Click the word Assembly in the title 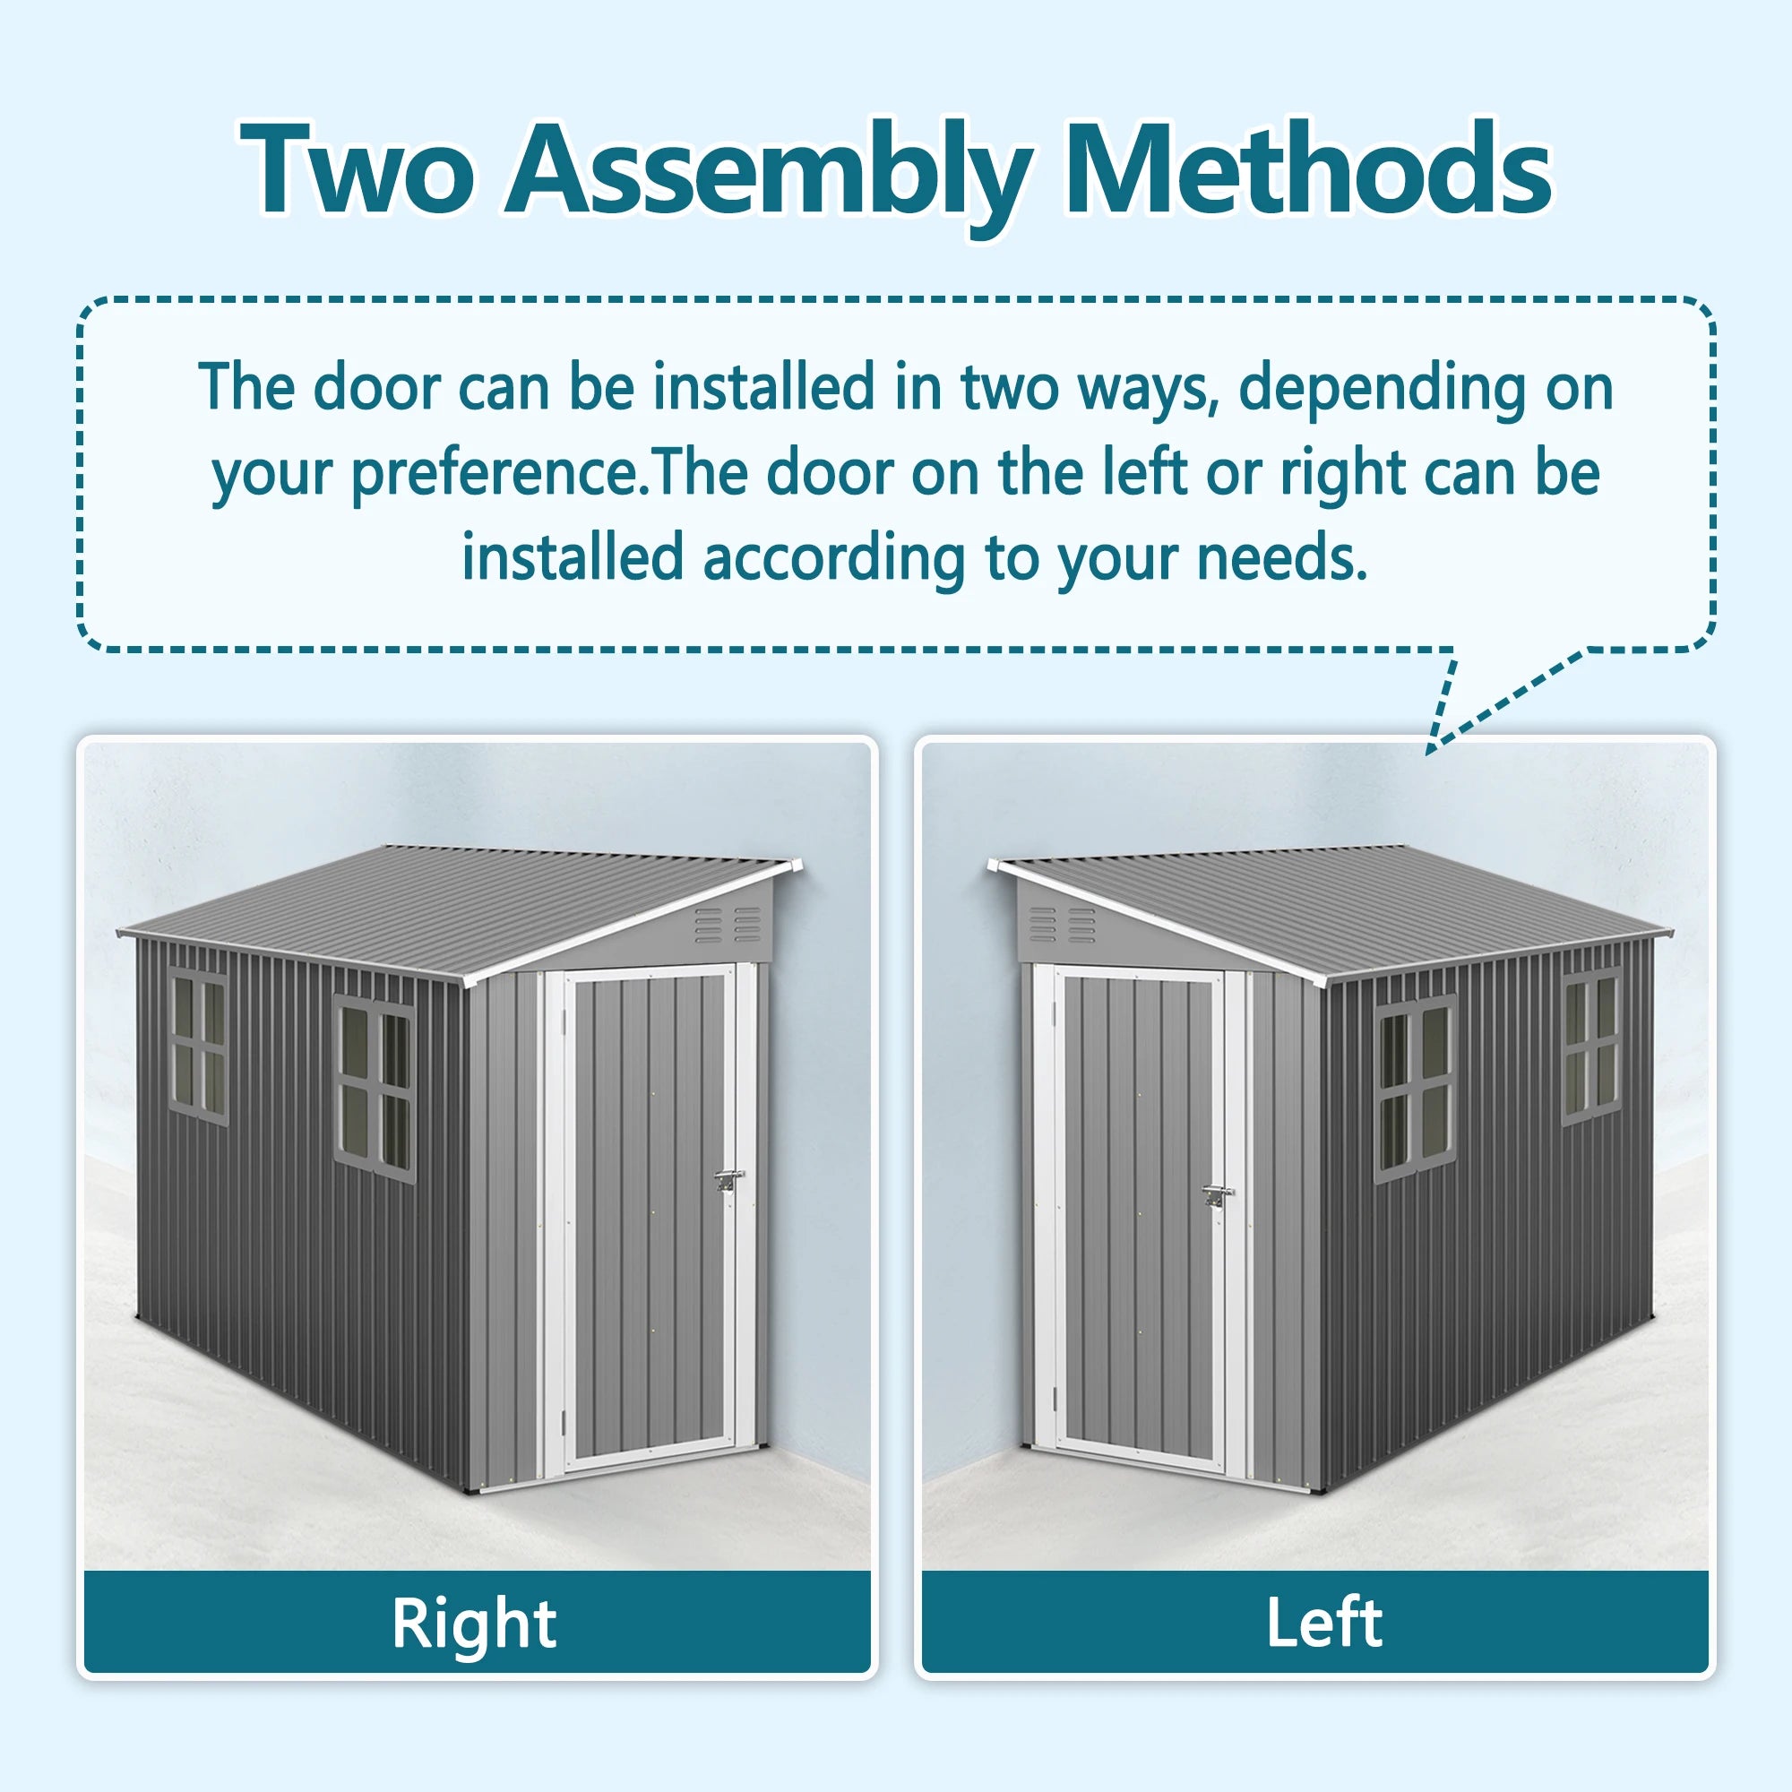[x=768, y=172]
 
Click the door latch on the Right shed [x=728, y=1180]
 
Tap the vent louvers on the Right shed [x=728, y=925]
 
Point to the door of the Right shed [x=650, y=1215]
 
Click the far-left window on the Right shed [x=199, y=1047]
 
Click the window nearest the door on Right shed [x=374, y=1090]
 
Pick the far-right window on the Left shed [x=1591, y=1047]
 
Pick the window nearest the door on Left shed [x=1415, y=1090]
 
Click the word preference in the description [x=495, y=473]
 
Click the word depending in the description [x=1382, y=387]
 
